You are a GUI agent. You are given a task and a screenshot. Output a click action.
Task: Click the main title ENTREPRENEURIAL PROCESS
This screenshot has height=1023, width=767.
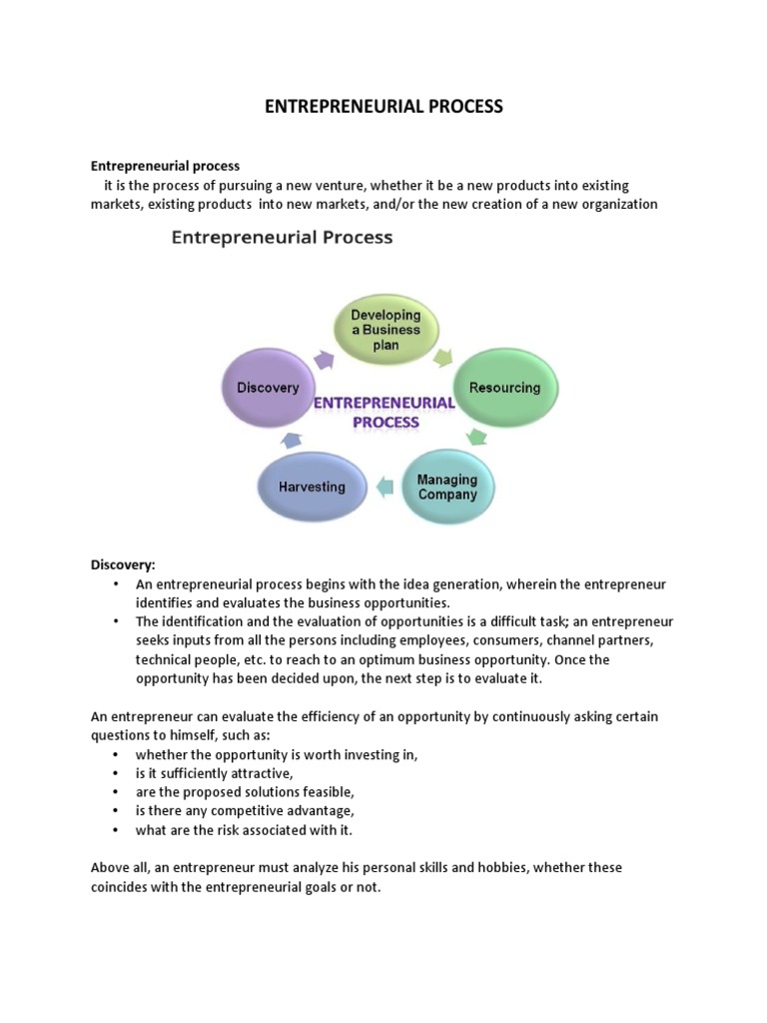tap(383, 106)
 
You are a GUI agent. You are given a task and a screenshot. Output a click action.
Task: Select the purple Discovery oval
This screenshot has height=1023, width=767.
tap(268, 387)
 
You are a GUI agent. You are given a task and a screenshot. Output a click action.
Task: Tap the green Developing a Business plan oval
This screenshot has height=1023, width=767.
tap(385, 329)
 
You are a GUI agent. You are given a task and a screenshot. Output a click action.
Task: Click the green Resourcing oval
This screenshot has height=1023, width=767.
tap(504, 388)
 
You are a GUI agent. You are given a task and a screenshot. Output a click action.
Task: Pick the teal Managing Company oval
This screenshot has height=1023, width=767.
tap(447, 487)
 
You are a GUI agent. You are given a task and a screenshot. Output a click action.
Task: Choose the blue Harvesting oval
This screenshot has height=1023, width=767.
tap(312, 487)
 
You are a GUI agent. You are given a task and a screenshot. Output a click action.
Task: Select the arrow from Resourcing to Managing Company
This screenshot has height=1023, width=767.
tap(477, 437)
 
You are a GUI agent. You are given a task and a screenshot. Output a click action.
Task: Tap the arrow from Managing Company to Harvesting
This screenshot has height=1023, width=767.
tap(383, 488)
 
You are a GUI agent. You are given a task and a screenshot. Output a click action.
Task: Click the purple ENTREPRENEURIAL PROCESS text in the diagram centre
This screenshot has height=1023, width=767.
tap(384, 412)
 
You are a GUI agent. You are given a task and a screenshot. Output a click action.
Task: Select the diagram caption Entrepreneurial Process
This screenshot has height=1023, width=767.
tap(283, 238)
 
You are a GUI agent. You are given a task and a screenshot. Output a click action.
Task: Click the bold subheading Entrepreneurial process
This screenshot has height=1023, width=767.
tap(166, 166)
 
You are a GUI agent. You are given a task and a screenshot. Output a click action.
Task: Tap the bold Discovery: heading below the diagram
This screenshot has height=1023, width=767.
tap(124, 564)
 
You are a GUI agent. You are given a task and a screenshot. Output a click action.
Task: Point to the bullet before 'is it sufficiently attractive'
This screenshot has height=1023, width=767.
tap(116, 773)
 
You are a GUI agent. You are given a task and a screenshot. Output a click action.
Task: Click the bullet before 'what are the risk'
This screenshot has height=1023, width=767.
tap(116, 830)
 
